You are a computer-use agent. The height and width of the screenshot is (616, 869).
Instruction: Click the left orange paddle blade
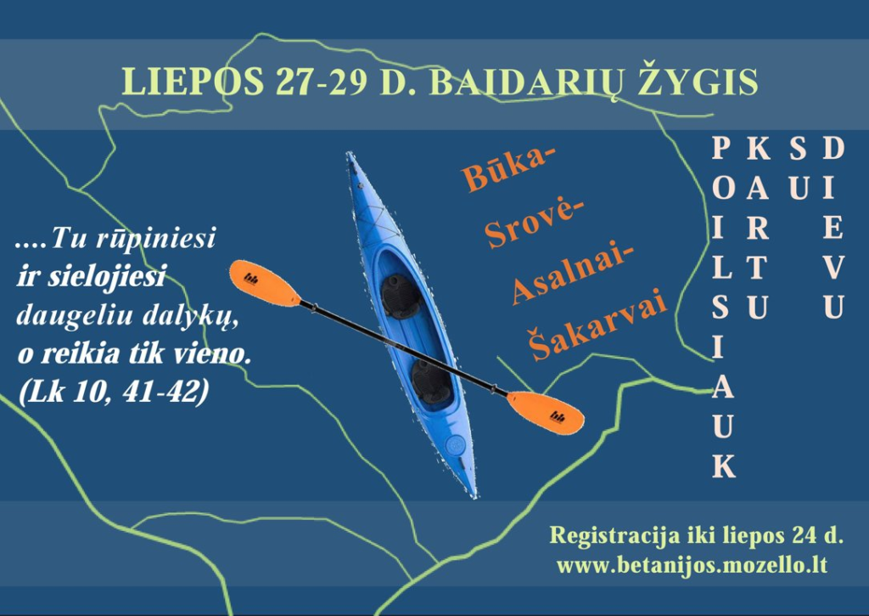click(x=265, y=283)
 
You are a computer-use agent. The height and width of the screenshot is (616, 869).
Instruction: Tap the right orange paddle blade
click(x=546, y=412)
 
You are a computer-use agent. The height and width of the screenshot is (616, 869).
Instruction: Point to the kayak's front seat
click(x=401, y=296)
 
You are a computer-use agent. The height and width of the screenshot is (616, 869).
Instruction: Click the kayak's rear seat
click(x=430, y=381)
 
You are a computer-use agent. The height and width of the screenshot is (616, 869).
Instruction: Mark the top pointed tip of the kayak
click(x=348, y=153)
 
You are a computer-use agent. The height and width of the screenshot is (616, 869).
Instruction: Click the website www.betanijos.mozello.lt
click(x=692, y=566)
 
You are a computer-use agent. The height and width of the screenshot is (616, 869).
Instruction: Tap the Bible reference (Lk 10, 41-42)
click(x=115, y=391)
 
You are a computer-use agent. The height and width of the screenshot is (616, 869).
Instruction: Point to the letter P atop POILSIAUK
click(x=721, y=148)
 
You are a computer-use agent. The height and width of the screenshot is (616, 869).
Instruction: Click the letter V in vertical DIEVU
click(x=833, y=268)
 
